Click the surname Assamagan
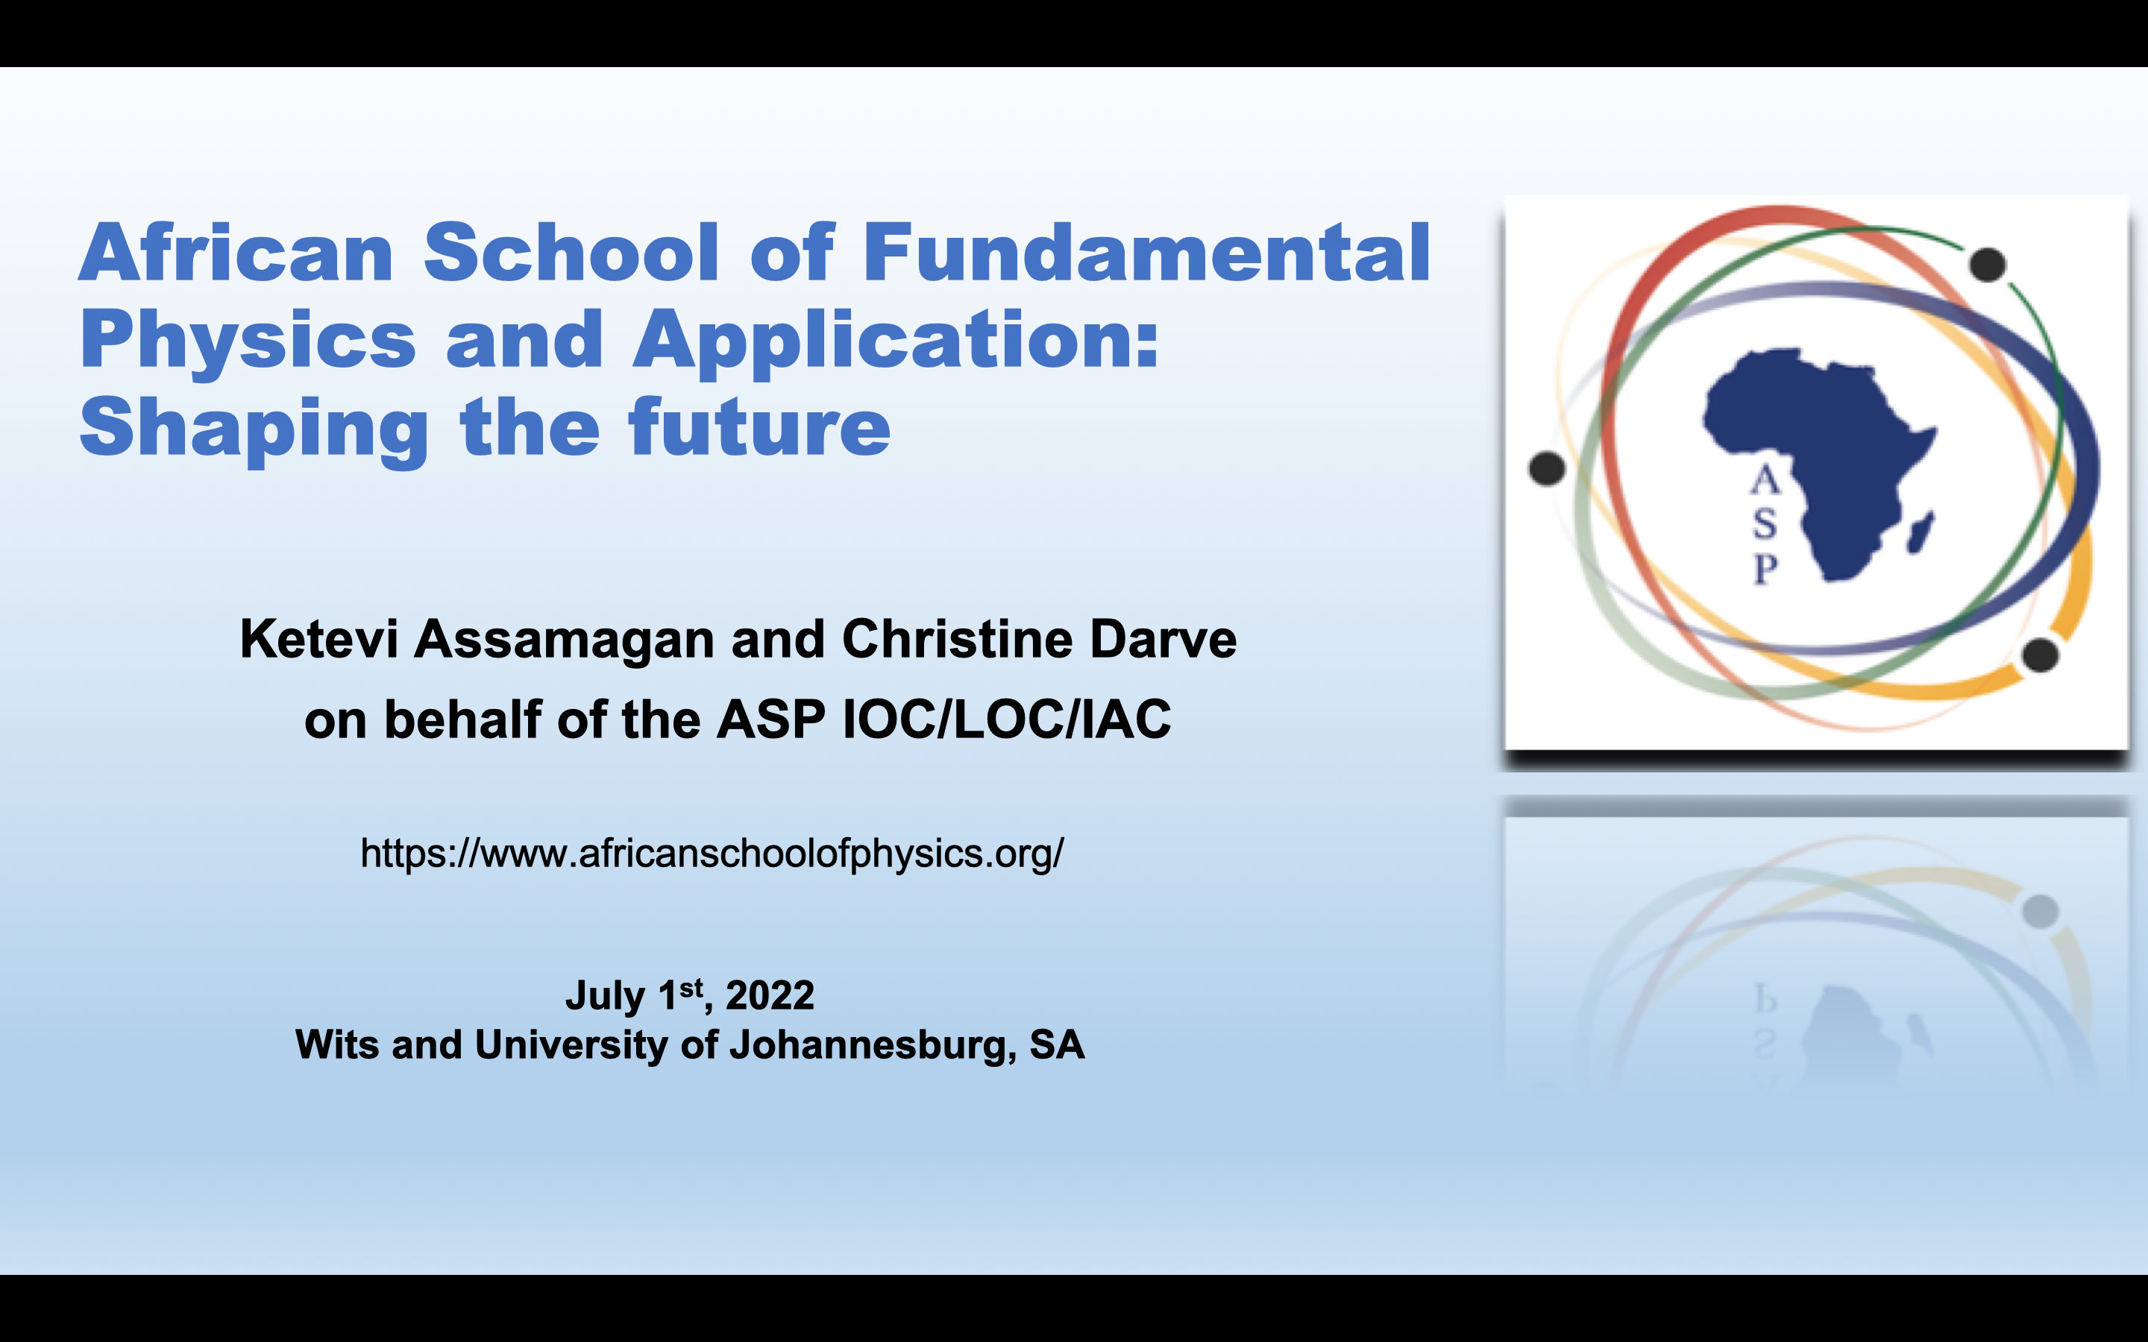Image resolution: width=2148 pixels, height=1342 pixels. coord(565,640)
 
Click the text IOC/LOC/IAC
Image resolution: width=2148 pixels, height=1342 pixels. coord(1007,719)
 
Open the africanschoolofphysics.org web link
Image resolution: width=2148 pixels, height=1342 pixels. coord(712,854)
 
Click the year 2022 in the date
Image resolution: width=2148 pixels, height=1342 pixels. coord(770,995)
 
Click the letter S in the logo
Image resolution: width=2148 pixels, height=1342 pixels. coord(1765,525)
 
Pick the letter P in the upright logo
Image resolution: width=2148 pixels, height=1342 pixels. coord(1765,568)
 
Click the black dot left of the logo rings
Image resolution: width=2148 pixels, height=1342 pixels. coord(1547,467)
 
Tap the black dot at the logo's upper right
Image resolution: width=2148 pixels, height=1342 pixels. coord(1988,265)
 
